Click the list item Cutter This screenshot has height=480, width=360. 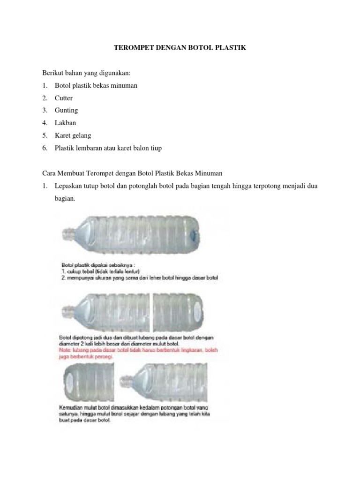point(64,98)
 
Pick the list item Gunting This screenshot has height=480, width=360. point(66,111)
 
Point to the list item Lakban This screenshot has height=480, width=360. point(66,123)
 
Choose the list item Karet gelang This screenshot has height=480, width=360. point(73,135)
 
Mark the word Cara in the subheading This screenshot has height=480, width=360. point(50,173)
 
